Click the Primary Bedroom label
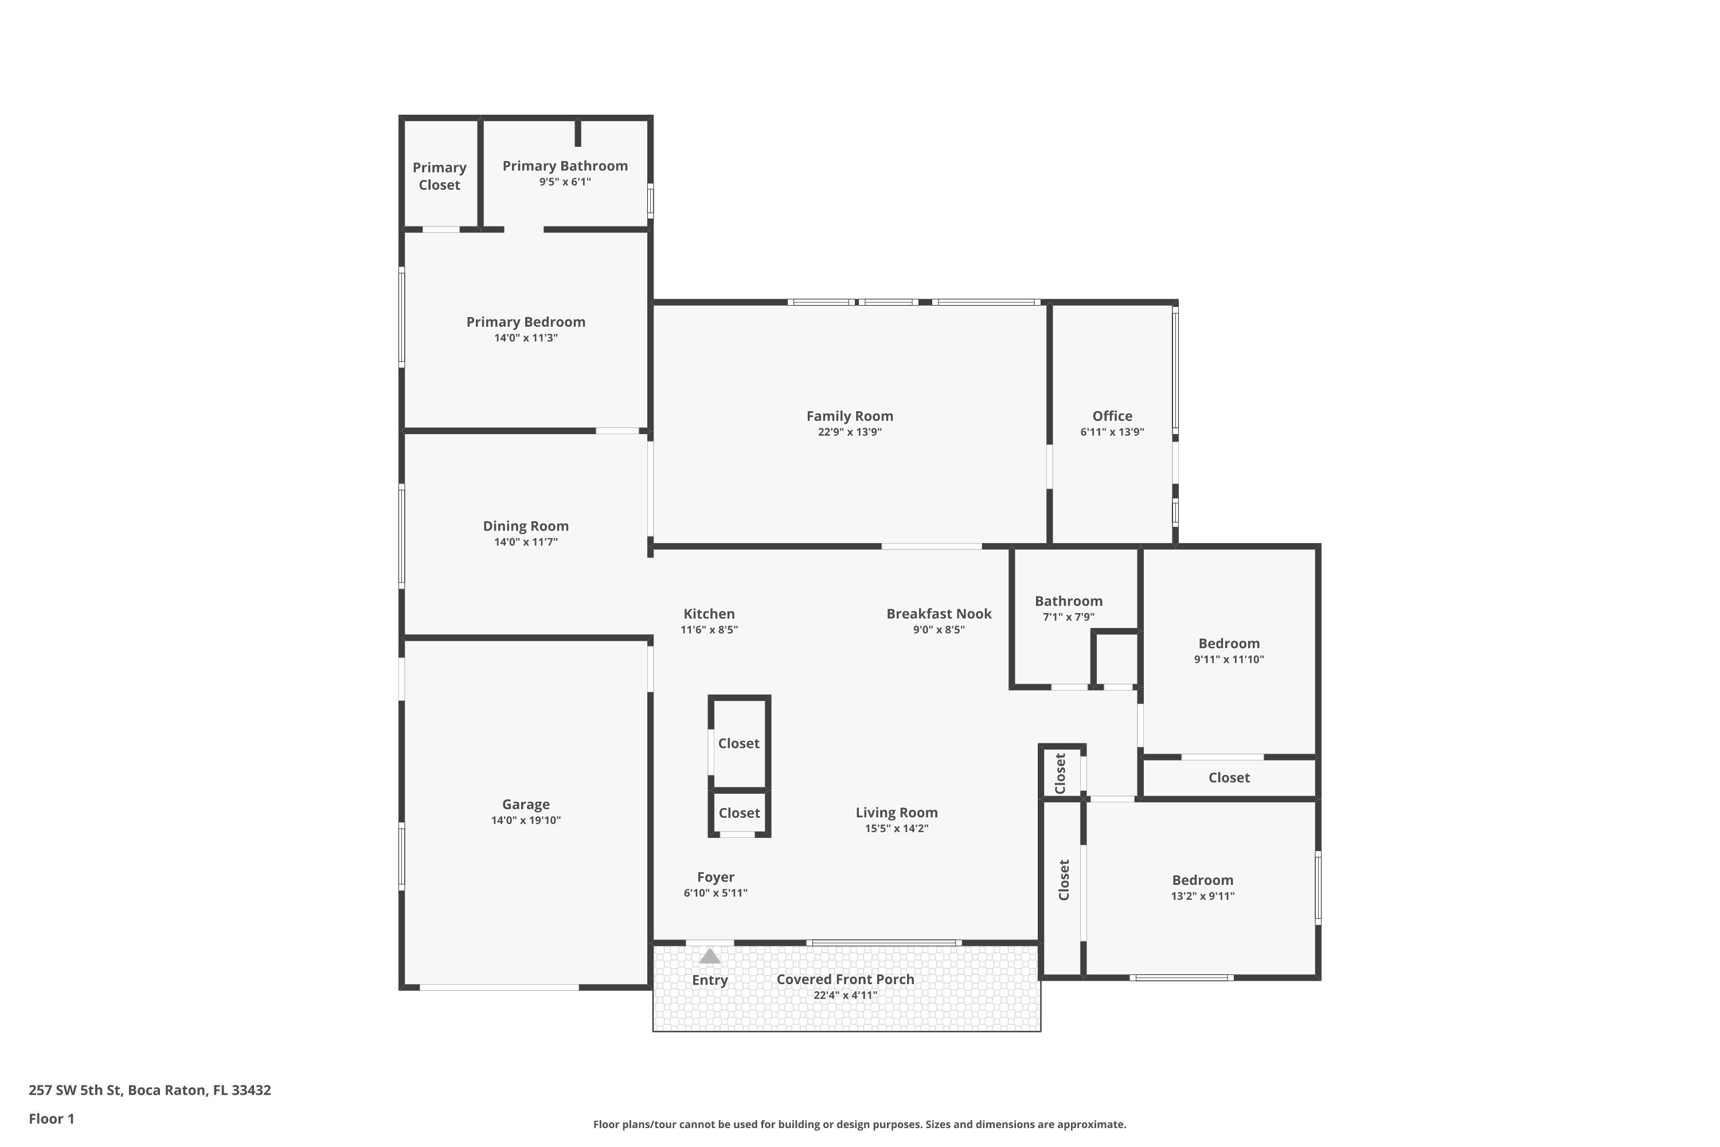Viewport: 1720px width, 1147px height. point(525,322)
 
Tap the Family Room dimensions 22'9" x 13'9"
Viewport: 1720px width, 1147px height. point(849,432)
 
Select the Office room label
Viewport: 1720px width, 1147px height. point(1112,415)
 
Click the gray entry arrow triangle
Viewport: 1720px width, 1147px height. point(709,956)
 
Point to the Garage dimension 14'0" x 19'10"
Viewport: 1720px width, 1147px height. point(525,820)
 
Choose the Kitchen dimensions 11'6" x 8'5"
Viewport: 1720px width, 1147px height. point(709,630)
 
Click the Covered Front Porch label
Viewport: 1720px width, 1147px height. point(845,979)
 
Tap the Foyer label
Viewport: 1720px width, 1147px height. point(714,876)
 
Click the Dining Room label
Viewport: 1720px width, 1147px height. point(525,526)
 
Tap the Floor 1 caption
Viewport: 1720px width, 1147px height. point(51,1118)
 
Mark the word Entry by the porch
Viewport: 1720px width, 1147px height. point(709,980)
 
